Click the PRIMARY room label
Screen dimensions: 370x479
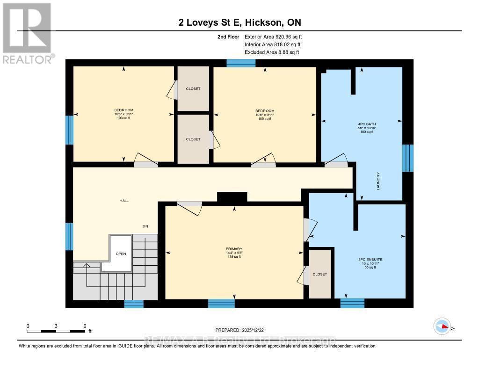tap(234, 249)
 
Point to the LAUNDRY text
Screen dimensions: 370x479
tap(378, 181)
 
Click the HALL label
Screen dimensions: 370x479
tap(124, 201)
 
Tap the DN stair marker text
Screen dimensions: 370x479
tap(145, 226)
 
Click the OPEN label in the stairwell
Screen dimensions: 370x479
tap(121, 254)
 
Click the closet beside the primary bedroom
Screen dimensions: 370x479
tap(320, 274)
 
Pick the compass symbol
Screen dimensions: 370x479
tap(442, 326)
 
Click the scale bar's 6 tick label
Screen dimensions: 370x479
tap(85, 326)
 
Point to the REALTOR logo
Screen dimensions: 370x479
tap(27, 33)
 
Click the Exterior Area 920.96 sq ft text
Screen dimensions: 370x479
tap(276, 36)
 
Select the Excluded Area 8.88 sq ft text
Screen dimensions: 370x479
tap(272, 52)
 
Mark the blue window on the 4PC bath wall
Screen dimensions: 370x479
tap(408, 158)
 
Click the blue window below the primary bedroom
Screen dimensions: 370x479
tap(221, 304)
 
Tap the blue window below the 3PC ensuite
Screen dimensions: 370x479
tap(352, 303)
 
